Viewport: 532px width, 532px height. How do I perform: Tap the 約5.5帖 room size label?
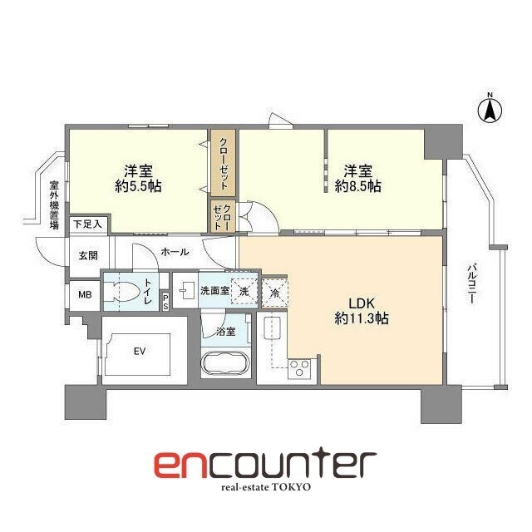coord(139,186)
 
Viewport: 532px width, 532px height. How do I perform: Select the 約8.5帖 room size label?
coord(358,187)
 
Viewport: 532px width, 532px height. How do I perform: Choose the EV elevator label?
coord(139,352)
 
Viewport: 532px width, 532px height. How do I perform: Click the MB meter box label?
coord(85,294)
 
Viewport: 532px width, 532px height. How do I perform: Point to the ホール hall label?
coord(175,252)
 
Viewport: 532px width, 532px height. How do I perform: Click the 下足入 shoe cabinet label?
coord(86,224)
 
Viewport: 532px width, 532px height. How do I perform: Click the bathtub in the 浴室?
coord(226,366)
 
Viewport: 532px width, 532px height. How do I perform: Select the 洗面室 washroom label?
coord(214,292)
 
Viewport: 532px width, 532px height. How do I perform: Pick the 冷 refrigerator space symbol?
coord(274,292)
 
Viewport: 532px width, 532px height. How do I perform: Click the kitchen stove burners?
coord(299,369)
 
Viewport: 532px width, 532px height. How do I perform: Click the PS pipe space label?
coord(165,302)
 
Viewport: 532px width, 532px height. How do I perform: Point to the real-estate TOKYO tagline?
coord(265,487)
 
